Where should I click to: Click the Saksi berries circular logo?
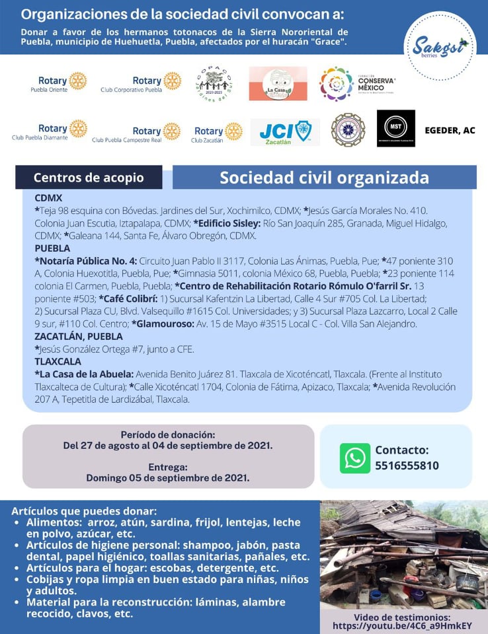click(x=440, y=47)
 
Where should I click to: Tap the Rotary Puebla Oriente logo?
click(x=59, y=83)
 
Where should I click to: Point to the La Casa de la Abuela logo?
click(x=278, y=84)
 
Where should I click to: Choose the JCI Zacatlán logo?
click(x=285, y=131)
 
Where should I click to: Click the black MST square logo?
click(x=395, y=128)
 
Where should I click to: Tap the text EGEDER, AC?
click(x=450, y=131)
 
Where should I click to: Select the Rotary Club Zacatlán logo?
click(x=217, y=133)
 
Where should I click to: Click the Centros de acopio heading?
click(x=89, y=178)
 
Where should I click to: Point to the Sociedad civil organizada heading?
click(x=324, y=178)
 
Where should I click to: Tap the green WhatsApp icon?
click(x=355, y=458)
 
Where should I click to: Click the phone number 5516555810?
click(x=407, y=466)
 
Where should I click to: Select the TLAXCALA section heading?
click(x=58, y=362)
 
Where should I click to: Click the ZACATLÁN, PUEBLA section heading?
click(x=78, y=337)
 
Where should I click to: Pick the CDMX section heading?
click(x=48, y=197)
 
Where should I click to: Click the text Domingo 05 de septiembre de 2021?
click(x=167, y=477)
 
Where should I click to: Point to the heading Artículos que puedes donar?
click(x=84, y=511)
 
